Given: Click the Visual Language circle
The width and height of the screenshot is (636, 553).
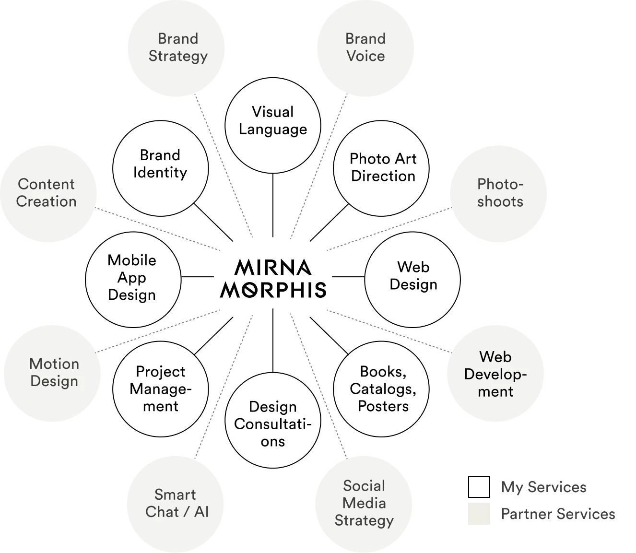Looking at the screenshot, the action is click(273, 125).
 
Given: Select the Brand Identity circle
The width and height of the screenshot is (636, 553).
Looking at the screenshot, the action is click(161, 168).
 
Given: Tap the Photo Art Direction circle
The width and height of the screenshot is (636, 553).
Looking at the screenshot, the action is click(381, 168).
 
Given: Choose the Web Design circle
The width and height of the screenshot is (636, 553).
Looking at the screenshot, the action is click(412, 280).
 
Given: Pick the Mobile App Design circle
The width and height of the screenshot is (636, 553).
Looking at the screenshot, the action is click(133, 280).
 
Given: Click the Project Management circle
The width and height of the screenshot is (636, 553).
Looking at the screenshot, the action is click(161, 389).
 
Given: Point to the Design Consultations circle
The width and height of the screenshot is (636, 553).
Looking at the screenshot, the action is click(273, 420).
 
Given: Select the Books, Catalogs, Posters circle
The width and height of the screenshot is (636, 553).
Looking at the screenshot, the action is click(381, 389).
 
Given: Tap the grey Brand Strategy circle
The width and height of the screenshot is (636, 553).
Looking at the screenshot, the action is click(176, 48).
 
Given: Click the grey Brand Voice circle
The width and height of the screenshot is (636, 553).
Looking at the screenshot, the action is click(365, 48).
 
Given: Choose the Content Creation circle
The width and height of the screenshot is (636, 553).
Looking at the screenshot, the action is click(48, 194).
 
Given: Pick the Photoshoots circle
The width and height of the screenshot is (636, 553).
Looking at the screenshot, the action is click(498, 194).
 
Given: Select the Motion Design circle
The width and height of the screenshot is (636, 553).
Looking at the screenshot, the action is click(52, 373).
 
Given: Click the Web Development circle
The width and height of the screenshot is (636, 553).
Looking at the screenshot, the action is click(495, 373).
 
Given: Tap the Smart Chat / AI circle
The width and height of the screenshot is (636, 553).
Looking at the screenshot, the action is click(176, 504).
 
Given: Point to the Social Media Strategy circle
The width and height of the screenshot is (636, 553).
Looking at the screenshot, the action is click(364, 504).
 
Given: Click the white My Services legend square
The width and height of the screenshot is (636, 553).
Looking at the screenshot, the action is click(479, 486).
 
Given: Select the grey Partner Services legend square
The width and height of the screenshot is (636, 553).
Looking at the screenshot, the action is click(479, 514).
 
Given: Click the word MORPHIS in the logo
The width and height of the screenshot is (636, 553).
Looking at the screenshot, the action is click(273, 290).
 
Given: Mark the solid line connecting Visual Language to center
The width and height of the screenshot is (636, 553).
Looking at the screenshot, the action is click(273, 205).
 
